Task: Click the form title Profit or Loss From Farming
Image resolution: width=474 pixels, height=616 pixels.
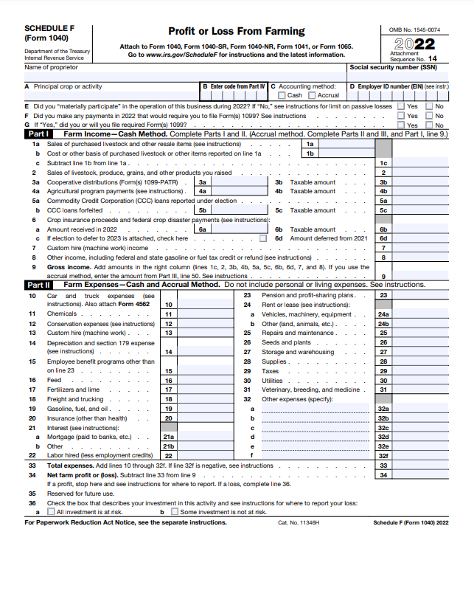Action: click(x=236, y=31)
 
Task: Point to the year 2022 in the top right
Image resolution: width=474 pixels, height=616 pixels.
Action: click(x=417, y=44)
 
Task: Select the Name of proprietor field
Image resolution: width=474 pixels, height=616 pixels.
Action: click(x=184, y=75)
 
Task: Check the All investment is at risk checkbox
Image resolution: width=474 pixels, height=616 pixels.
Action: click(x=51, y=511)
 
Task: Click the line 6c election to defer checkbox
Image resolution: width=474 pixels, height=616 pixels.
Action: click(x=263, y=238)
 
